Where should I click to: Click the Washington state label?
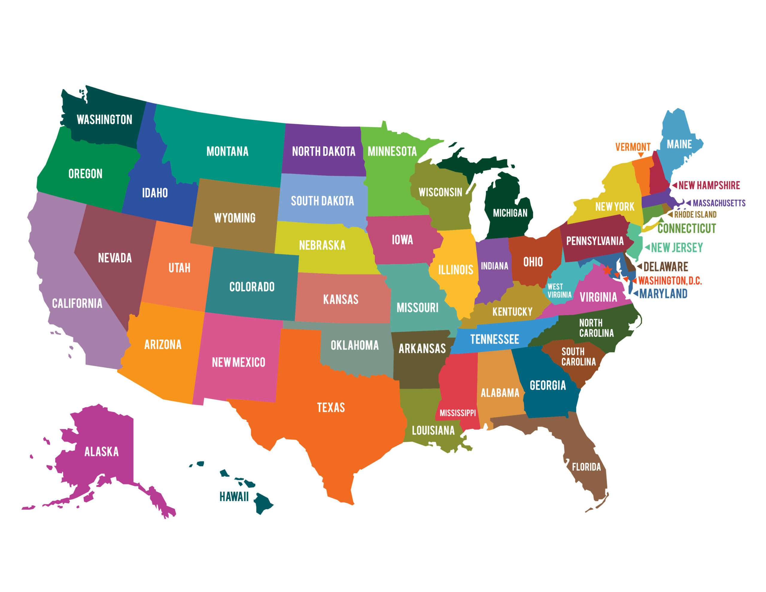click(x=104, y=120)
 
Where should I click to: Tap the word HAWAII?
click(x=234, y=497)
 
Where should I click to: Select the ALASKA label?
click(x=101, y=452)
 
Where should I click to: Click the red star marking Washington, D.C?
click(x=607, y=270)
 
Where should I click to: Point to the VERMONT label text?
click(x=633, y=147)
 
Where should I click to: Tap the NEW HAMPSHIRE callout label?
click(x=709, y=185)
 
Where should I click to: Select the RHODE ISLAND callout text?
click(x=695, y=214)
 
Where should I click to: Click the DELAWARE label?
click(x=665, y=267)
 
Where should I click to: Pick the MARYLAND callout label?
click(x=663, y=294)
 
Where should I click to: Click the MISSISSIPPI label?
click(x=458, y=413)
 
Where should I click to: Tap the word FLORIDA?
click(x=586, y=467)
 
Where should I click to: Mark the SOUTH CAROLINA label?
click(x=578, y=356)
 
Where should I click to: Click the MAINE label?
click(x=679, y=144)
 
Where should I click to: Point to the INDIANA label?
click(x=494, y=266)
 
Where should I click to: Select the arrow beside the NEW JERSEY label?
click(x=647, y=248)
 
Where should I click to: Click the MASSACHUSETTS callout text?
click(x=719, y=203)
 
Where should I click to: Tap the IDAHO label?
click(x=155, y=193)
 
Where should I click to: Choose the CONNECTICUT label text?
click(x=686, y=228)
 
